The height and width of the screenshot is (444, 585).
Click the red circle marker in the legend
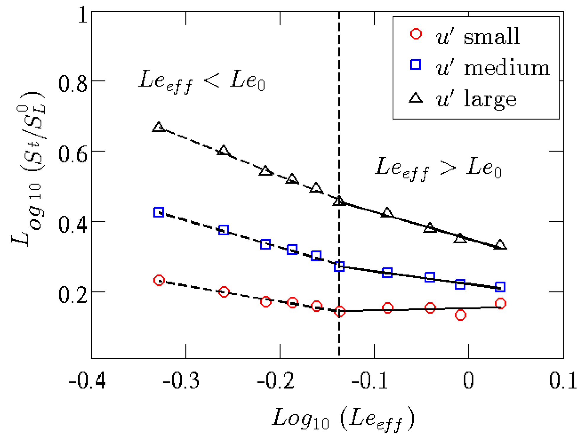tap(416, 34)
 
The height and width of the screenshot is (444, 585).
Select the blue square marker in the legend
tap(416, 64)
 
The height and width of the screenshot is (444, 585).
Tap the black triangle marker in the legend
tap(416, 98)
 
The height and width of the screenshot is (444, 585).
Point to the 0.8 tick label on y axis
tap(73, 84)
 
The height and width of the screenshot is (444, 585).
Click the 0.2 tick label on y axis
tap(73, 295)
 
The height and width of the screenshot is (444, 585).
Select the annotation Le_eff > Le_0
tap(438, 168)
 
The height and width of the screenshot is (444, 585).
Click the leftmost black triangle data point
tap(159, 127)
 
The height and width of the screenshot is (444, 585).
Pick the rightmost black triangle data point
tap(500, 245)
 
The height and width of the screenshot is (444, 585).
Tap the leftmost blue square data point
tap(159, 212)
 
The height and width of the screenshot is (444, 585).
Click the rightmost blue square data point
tap(500, 287)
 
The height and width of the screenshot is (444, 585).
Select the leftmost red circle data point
tap(159, 280)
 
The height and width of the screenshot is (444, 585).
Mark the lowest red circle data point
tap(460, 315)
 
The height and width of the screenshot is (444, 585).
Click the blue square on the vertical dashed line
tap(339, 266)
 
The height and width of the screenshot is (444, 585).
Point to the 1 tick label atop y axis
tap(82, 15)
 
